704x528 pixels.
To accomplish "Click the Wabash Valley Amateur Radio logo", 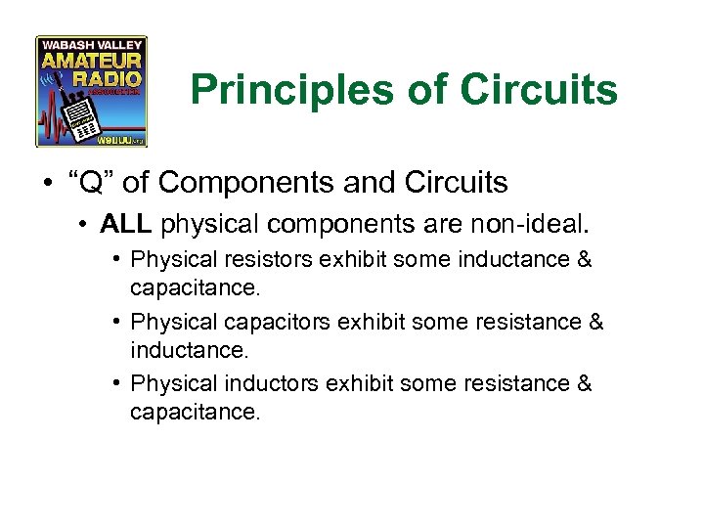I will click(91, 92).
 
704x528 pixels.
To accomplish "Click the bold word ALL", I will click(125, 226).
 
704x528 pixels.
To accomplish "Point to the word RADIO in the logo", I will click(114, 77).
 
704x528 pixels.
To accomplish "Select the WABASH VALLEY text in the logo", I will click(91, 44).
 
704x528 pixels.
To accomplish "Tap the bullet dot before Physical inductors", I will click(116, 383).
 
